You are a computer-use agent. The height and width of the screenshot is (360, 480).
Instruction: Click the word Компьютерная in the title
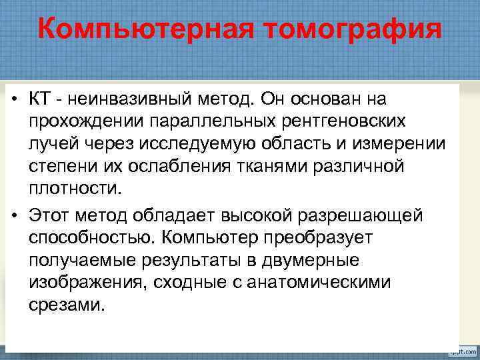click(145, 29)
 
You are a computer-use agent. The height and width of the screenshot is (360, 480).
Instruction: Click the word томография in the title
click(351, 29)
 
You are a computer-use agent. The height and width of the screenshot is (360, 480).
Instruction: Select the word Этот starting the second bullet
click(51, 215)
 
